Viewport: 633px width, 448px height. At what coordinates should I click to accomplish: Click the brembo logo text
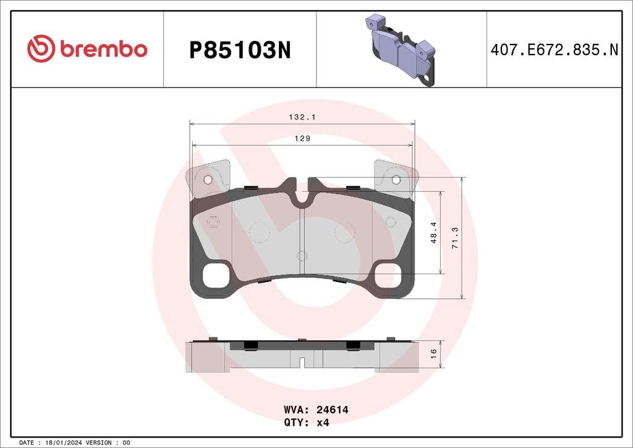click(103, 49)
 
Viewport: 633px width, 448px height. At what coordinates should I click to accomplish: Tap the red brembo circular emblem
click(41, 49)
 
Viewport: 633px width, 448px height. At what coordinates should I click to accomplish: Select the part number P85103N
click(239, 50)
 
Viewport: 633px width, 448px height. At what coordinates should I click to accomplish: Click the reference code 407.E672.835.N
click(554, 50)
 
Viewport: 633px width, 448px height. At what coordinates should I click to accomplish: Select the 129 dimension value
click(302, 139)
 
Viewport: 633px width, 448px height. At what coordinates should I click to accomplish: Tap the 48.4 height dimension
click(434, 233)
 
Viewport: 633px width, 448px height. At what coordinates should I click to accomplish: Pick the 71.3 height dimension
click(456, 238)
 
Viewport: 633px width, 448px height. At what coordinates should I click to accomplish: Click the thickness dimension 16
click(434, 353)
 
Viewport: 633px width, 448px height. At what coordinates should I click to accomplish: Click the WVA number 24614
click(333, 410)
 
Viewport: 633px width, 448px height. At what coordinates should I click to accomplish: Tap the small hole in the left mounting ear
click(208, 180)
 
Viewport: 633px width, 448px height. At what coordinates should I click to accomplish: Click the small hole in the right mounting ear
click(396, 180)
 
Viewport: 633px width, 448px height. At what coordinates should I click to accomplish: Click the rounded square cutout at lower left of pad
click(216, 275)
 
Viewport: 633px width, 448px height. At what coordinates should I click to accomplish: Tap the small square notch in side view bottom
click(302, 363)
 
